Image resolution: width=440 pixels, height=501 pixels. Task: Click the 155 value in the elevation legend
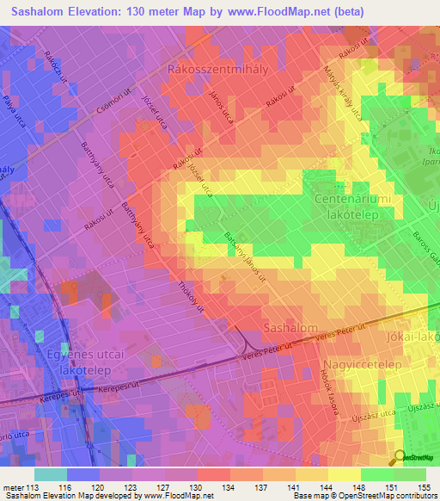(421, 487)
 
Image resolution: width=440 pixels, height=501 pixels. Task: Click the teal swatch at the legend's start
(50, 474)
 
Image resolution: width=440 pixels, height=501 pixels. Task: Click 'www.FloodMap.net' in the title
(266, 12)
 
